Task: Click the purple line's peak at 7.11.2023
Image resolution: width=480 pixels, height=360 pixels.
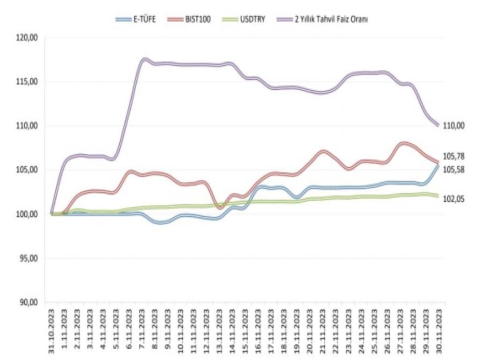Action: pos(143,60)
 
